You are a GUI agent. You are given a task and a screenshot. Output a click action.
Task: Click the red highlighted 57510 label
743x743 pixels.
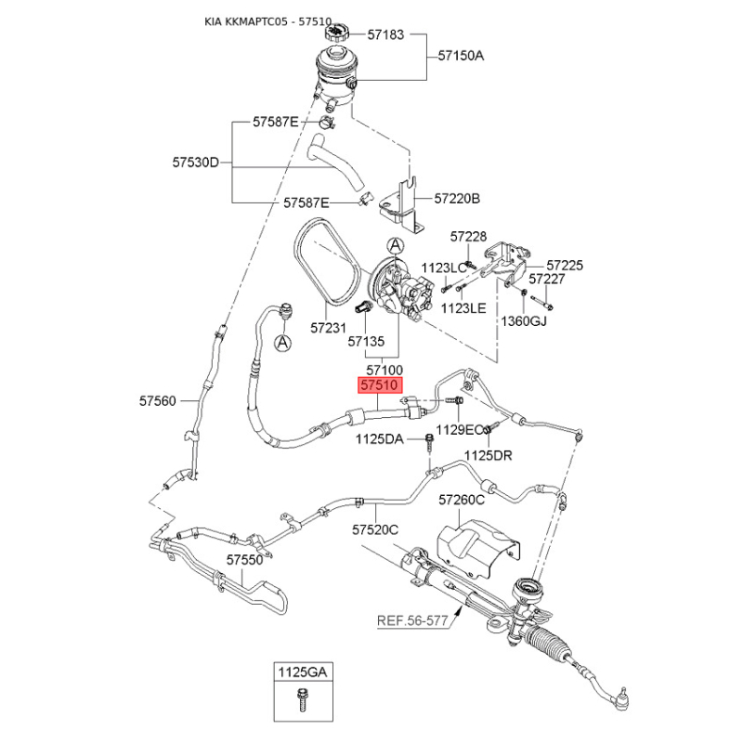tap(380, 385)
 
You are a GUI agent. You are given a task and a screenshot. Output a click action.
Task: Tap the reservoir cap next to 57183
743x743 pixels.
tap(336, 33)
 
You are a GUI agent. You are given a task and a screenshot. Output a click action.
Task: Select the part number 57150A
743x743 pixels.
tap(461, 56)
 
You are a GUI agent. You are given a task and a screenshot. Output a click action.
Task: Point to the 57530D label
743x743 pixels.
tap(195, 163)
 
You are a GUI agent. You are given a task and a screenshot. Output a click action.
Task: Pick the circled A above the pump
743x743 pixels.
tap(396, 245)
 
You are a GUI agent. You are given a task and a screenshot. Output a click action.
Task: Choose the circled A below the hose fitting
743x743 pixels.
tap(283, 343)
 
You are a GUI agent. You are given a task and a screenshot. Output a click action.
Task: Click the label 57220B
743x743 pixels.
tap(457, 198)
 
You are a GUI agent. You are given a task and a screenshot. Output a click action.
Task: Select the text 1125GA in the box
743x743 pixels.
tap(303, 671)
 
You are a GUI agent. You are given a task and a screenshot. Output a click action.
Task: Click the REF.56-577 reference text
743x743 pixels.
tap(412, 620)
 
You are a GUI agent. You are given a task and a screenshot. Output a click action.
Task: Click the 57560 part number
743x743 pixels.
tap(157, 401)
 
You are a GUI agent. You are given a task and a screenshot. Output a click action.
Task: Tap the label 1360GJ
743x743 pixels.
tap(524, 321)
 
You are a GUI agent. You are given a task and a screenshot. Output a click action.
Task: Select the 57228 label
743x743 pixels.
tap(468, 237)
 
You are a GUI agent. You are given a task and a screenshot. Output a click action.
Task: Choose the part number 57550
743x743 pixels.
tap(244, 560)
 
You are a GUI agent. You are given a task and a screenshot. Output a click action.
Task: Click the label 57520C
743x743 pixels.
tap(375, 529)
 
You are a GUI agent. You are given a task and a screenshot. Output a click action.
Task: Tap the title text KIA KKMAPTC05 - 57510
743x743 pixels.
tap(267, 21)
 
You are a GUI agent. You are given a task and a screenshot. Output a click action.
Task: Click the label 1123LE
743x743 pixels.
tap(463, 308)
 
